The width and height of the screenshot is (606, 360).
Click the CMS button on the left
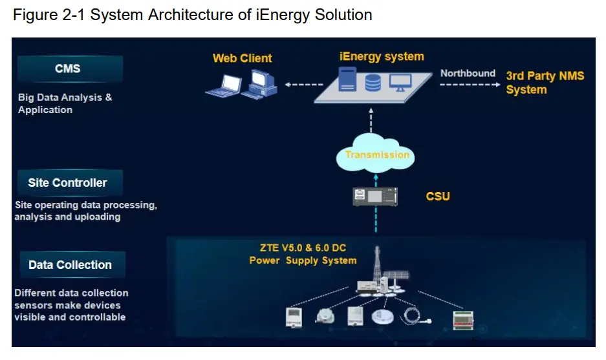coord(69,69)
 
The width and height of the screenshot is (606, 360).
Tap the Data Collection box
coord(70,265)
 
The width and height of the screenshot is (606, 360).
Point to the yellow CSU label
coord(438,196)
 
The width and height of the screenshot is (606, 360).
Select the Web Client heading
coord(243,58)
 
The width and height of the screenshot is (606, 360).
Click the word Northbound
coord(468,73)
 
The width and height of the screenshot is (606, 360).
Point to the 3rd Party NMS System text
coord(545,83)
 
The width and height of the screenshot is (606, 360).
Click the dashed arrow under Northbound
coord(468,85)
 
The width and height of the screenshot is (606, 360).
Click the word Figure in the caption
coord(33,15)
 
